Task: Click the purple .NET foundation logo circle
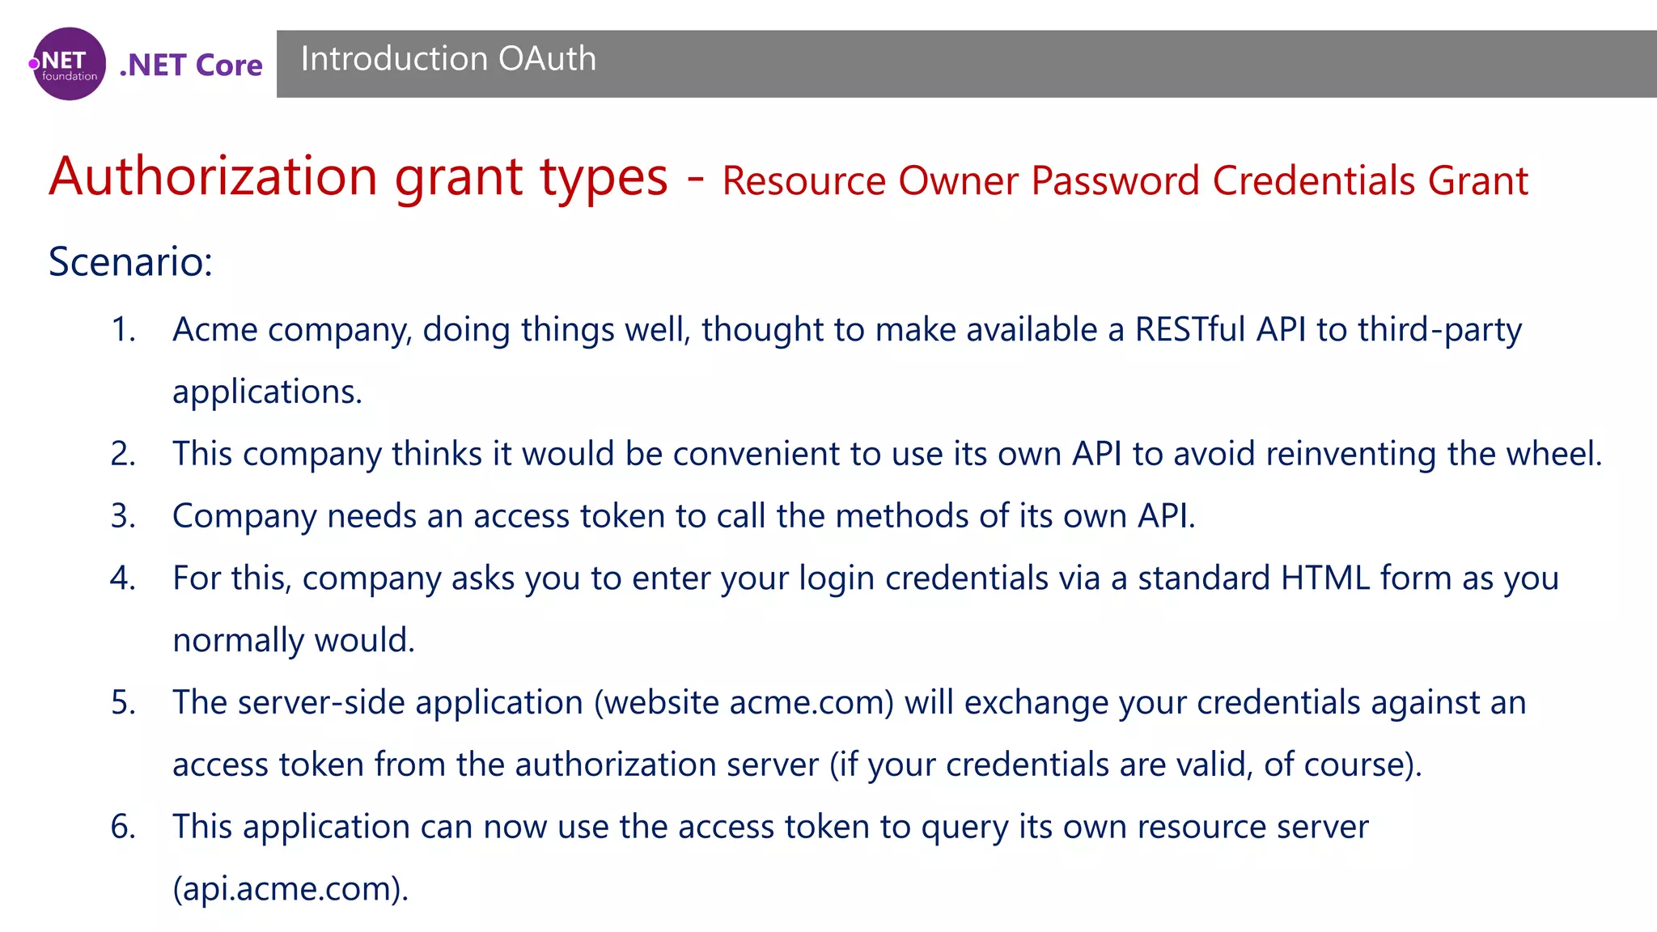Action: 69,64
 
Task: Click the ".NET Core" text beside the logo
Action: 191,65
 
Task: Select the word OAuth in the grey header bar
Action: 547,59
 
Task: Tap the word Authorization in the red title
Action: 214,176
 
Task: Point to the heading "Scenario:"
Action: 130,261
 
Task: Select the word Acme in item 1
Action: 214,330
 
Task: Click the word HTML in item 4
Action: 1325,578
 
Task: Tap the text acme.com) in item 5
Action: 812,703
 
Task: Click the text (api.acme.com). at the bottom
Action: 290,889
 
